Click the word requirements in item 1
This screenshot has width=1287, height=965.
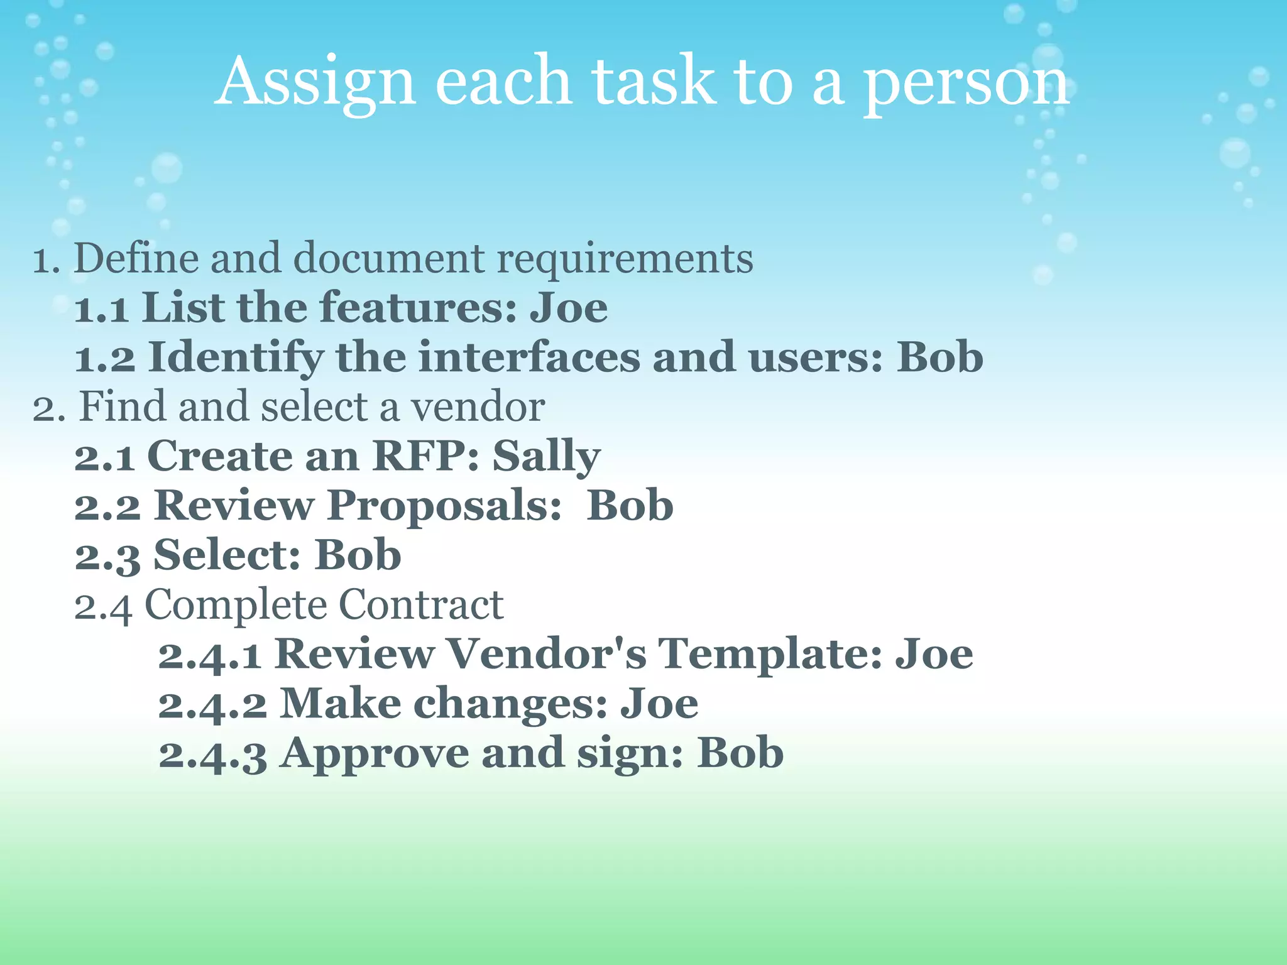(625, 259)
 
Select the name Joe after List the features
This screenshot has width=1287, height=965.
(569, 308)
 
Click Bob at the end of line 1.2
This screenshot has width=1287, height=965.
(939, 357)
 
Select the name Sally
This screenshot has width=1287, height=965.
(546, 457)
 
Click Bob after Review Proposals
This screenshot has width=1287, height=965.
(630, 505)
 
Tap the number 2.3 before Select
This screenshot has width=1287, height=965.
(107, 556)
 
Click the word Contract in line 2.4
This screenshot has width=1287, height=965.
(421, 605)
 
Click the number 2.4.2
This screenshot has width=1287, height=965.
(212, 704)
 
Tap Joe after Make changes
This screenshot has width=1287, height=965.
(659, 704)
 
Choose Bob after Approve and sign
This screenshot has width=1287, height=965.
(740, 753)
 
